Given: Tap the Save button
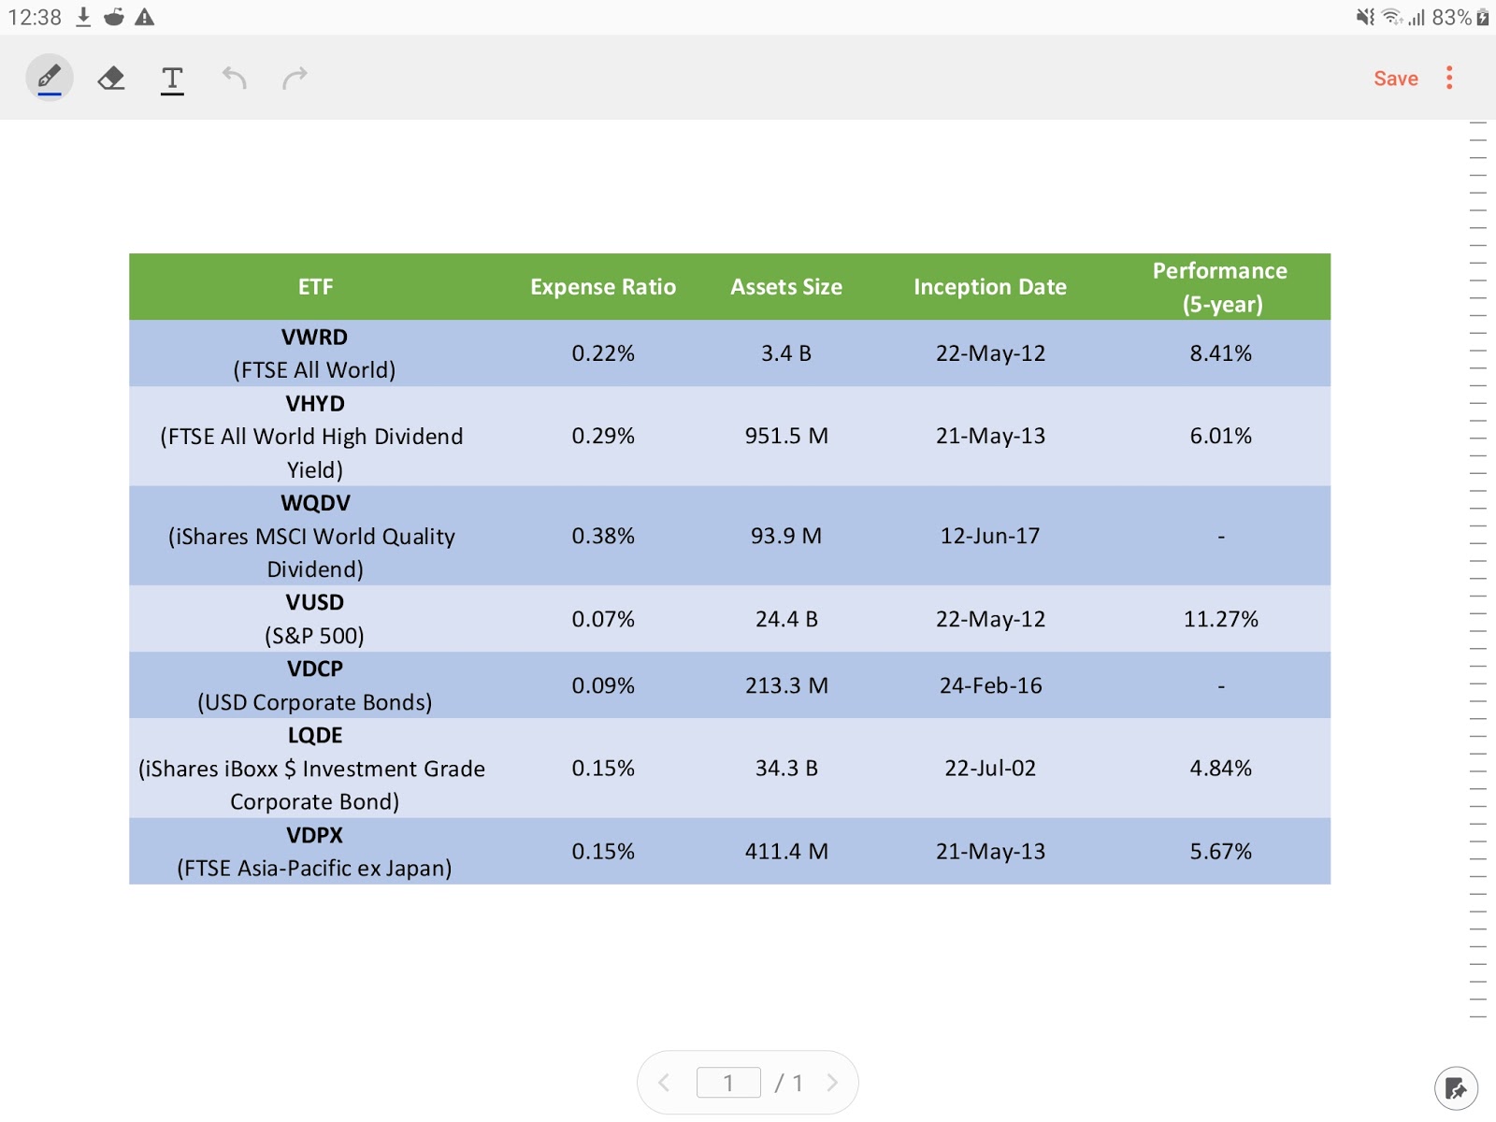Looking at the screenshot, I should point(1395,79).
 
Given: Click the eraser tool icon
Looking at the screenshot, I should point(111,78).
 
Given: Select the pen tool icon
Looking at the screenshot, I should point(50,78).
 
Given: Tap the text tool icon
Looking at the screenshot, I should point(172,79).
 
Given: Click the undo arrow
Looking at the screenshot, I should point(234,78).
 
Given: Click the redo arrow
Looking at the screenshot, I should point(295,78).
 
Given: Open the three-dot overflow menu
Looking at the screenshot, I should point(1449,78).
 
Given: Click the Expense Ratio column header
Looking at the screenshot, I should point(603,287).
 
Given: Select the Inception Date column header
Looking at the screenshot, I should point(989,287).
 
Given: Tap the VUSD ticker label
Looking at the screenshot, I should point(315,603).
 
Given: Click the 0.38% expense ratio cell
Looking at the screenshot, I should point(603,536).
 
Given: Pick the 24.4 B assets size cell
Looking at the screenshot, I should point(786,619).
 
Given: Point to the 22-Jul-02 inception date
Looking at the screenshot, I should point(989,768).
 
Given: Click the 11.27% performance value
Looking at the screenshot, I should point(1220,619).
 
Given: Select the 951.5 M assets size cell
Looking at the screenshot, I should point(786,436).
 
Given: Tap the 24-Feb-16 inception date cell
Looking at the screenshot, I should point(989,685).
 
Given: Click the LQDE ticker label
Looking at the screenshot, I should point(315,736).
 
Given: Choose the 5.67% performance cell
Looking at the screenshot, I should point(1220,851).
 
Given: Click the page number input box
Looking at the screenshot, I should point(728,1083).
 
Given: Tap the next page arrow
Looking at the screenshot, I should point(831,1083).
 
